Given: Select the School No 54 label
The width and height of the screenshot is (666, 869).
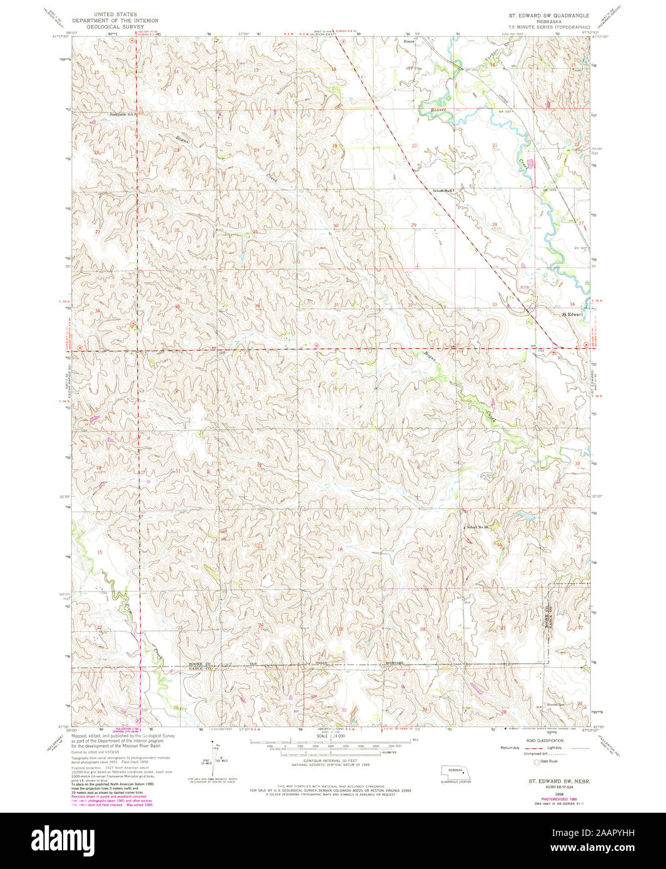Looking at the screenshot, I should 480,527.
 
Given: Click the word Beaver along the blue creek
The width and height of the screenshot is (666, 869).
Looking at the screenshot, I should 440,110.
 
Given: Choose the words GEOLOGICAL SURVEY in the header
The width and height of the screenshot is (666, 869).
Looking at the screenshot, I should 115,28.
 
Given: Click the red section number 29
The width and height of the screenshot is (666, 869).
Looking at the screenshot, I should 413,224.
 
